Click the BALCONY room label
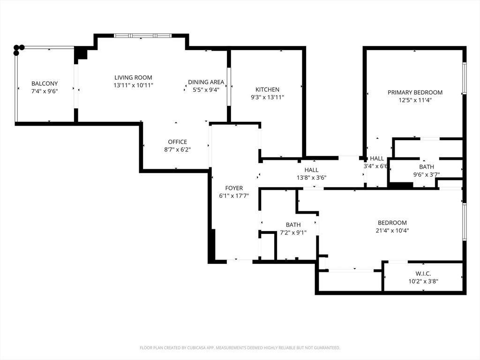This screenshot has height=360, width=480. point(45,83)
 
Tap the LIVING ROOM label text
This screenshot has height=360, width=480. point(133,78)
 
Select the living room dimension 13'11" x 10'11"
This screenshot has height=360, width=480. point(133,85)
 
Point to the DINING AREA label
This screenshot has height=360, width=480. point(206,82)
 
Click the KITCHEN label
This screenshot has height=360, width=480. point(267,90)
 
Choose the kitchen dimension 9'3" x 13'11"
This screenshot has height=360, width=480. point(267,97)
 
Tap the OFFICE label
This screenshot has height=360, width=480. point(177,142)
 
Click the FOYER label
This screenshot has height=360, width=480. point(234,188)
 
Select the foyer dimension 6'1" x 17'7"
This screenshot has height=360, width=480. point(234,196)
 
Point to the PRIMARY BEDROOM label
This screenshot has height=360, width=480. point(415,92)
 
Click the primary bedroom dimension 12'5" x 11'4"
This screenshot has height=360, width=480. point(415,100)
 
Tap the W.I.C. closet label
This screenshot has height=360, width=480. point(423,274)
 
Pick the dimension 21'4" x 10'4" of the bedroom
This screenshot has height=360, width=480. point(392,231)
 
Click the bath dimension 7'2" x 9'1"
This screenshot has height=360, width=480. point(293,232)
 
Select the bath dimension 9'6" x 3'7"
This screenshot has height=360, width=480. point(427,174)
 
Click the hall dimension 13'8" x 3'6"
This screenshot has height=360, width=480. point(311,178)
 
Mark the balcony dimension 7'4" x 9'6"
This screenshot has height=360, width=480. point(45,91)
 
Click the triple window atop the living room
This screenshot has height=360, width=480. point(142,36)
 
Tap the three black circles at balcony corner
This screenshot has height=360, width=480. point(19,50)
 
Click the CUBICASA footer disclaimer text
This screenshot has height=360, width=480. point(240,348)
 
